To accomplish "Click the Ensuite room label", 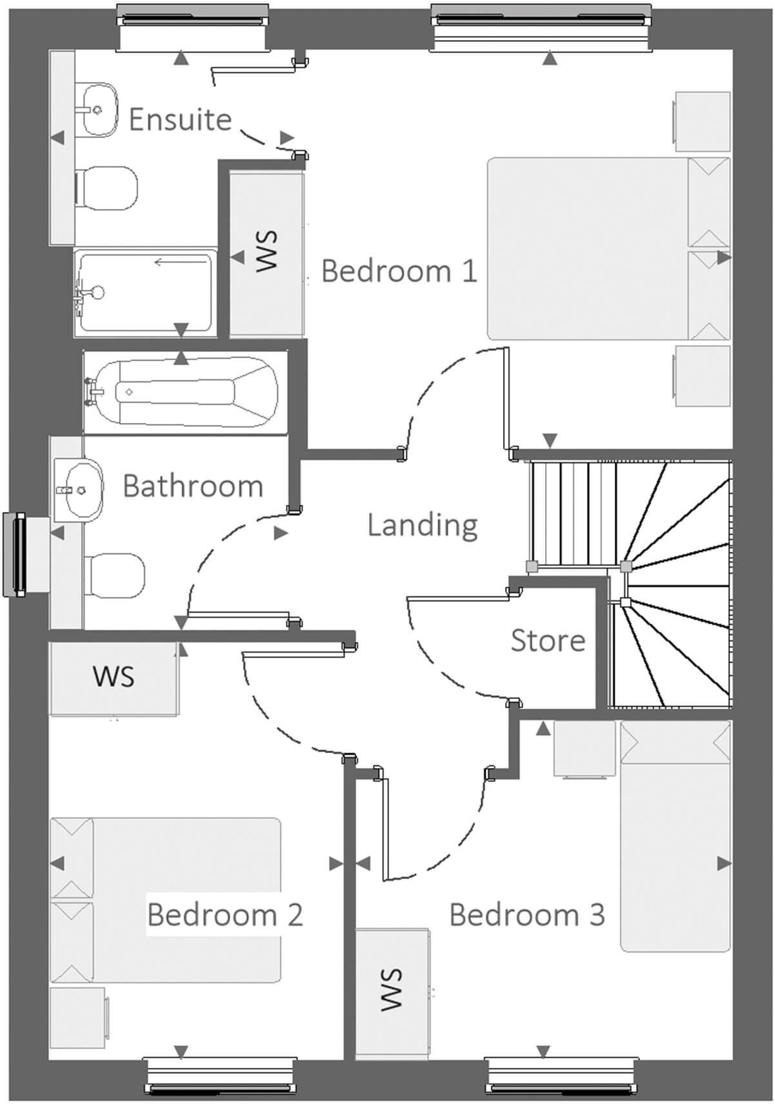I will tap(180, 119).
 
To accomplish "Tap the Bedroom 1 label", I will tap(399, 271).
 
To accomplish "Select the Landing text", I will tap(422, 525).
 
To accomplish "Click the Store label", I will tap(548, 640).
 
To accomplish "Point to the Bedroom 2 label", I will tap(224, 914).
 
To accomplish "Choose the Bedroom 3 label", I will tap(526, 914).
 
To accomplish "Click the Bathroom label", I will tap(193, 486).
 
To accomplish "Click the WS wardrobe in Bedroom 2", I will tap(114, 677).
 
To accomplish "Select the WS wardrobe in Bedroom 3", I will tap(392, 989).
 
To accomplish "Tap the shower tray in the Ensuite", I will tap(145, 291).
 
